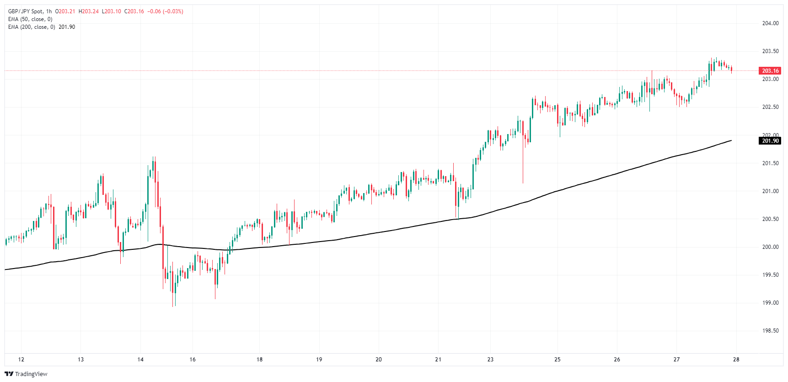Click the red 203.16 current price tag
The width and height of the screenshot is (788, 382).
coord(770,71)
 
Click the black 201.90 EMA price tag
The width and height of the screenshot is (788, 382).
coord(770,141)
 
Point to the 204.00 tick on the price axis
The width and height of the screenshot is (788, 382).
coord(770,23)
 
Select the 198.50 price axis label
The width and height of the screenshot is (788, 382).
coord(770,331)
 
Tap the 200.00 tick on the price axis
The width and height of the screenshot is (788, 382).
coord(770,247)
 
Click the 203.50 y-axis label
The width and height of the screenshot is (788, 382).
coord(770,51)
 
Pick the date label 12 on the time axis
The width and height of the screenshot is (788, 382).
coord(21,360)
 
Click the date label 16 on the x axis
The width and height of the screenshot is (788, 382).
coord(193,360)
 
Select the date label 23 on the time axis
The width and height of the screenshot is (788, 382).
coord(490,360)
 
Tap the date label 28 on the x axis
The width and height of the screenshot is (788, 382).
coord(736,360)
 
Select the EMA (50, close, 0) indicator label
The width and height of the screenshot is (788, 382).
coord(30,19)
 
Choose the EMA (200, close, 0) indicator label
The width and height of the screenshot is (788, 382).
coord(32,27)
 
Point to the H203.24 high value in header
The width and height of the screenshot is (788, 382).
coord(89,11)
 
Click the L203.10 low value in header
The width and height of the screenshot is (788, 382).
coord(111,11)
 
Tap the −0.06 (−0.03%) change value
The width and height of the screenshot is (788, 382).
coord(165,11)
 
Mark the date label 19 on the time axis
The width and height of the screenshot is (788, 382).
coord(319,360)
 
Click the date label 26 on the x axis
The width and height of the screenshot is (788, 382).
coord(617,360)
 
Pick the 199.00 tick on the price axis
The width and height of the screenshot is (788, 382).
coord(770,303)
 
